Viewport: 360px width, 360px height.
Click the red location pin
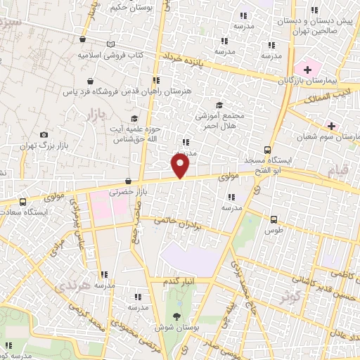(x=181, y=166)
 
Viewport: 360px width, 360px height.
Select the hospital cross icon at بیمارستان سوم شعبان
(x=330, y=126)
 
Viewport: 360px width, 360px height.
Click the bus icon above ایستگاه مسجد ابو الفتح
(x=266, y=149)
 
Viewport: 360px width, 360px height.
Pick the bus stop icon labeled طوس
(x=274, y=219)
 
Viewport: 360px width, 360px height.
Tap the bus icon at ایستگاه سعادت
(x=22, y=201)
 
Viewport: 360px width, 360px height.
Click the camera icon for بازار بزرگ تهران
(x=44, y=134)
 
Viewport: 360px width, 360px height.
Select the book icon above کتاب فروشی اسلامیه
(x=110, y=44)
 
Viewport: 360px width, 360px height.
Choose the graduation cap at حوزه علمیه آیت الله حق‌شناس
(x=134, y=118)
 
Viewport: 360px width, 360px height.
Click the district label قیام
(x=338, y=171)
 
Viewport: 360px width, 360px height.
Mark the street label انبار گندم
(x=179, y=283)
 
